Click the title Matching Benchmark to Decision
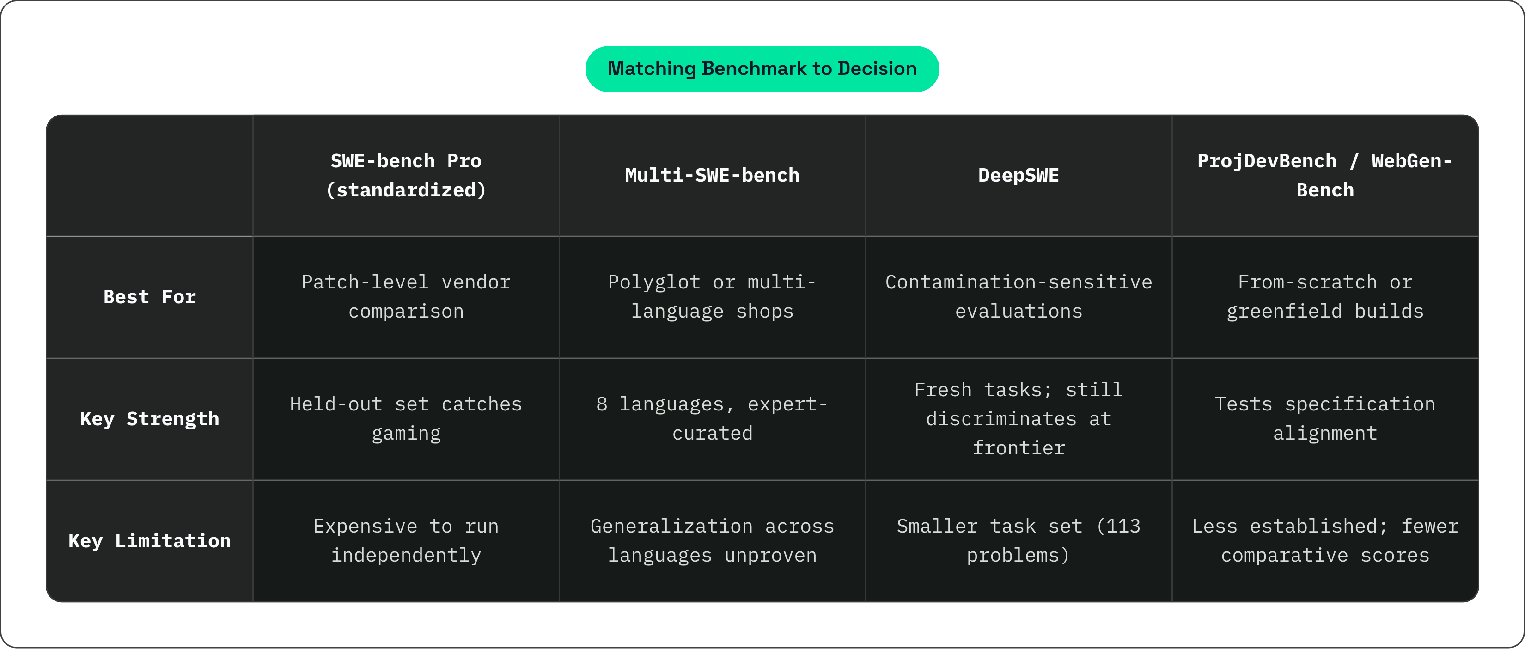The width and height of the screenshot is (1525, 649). [762, 69]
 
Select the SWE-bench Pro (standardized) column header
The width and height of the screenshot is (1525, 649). [406, 175]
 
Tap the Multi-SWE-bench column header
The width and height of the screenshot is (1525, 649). [712, 175]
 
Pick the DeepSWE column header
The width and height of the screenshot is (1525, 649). [1018, 175]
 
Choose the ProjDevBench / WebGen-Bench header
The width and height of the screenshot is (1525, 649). [1325, 175]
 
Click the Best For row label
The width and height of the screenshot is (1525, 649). [150, 297]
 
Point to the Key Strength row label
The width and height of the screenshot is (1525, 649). [150, 419]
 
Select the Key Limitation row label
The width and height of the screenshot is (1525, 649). [150, 541]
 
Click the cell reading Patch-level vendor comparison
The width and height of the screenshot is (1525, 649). [406, 297]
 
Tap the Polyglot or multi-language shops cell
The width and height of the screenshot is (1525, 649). [712, 297]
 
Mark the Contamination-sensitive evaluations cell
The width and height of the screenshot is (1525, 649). [1018, 297]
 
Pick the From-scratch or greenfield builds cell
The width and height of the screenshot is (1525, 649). [1325, 297]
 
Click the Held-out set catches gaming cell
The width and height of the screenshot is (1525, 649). [406, 419]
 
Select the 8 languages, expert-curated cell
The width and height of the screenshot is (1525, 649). [712, 419]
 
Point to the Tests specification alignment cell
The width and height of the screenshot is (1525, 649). [1325, 419]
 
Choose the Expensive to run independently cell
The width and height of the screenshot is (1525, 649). [406, 541]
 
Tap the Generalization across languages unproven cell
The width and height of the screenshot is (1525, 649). [712, 541]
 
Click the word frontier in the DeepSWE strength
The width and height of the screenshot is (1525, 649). [1018, 448]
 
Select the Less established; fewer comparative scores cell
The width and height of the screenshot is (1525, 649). [1325, 541]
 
